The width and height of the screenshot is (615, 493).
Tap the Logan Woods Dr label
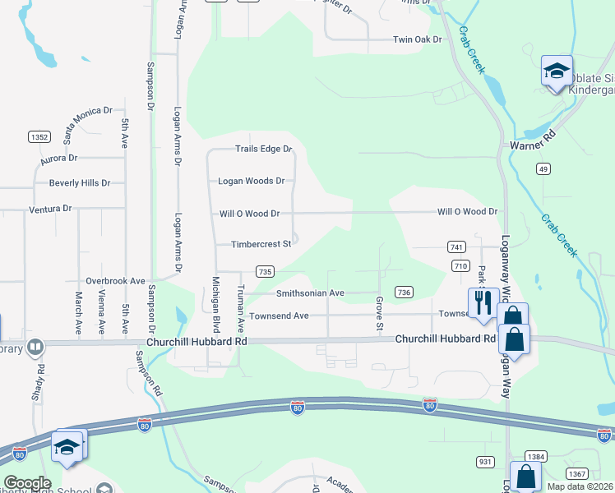[x=251, y=181]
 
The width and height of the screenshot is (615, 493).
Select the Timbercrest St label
[x=261, y=244]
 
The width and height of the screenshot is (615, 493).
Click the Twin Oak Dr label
[x=418, y=39]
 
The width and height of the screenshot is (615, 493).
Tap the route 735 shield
[x=265, y=271]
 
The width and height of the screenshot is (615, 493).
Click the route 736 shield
[x=404, y=293]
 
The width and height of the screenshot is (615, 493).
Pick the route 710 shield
[x=460, y=265]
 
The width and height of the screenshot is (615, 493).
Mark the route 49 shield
[x=543, y=168]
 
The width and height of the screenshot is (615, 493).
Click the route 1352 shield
[x=39, y=136]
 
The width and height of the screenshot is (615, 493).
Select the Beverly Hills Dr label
[x=80, y=182]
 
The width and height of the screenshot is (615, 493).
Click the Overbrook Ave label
[x=115, y=280]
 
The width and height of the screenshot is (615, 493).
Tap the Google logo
[x=26, y=483]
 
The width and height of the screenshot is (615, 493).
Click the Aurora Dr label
[x=58, y=157]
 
